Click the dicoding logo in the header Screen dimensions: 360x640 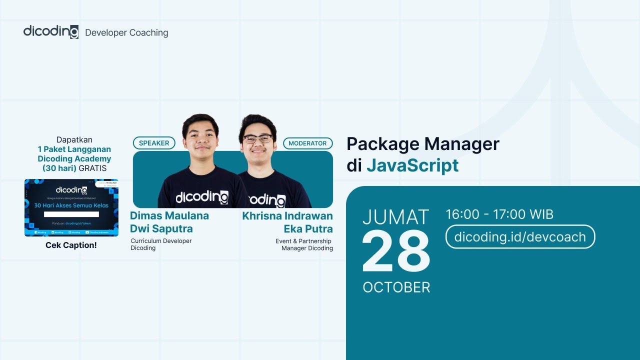tap(50, 31)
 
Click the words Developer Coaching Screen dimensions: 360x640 tap(126, 33)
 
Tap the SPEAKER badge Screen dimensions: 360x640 tap(154, 143)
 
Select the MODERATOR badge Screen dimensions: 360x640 tap(307, 143)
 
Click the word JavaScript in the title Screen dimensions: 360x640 tap(412, 165)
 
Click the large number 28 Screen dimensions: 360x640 tap(395, 252)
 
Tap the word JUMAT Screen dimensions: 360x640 tap(395, 217)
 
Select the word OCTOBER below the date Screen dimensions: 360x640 tap(396, 287)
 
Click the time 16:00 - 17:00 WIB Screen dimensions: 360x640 tap(499, 215)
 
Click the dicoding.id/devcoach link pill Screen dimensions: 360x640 tap(520, 236)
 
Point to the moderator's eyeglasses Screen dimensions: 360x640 tap(258, 138)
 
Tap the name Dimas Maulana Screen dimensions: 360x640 tap(169, 216)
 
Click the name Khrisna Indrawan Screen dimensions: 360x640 tap(287, 216)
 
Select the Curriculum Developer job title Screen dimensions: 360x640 tap(161, 241)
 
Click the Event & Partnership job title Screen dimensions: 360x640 tap(303, 241)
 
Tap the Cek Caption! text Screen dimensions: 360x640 tap(71, 245)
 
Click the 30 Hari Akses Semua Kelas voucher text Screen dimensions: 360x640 tap(71, 205)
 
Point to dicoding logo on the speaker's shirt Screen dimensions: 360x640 tap(201, 197)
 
